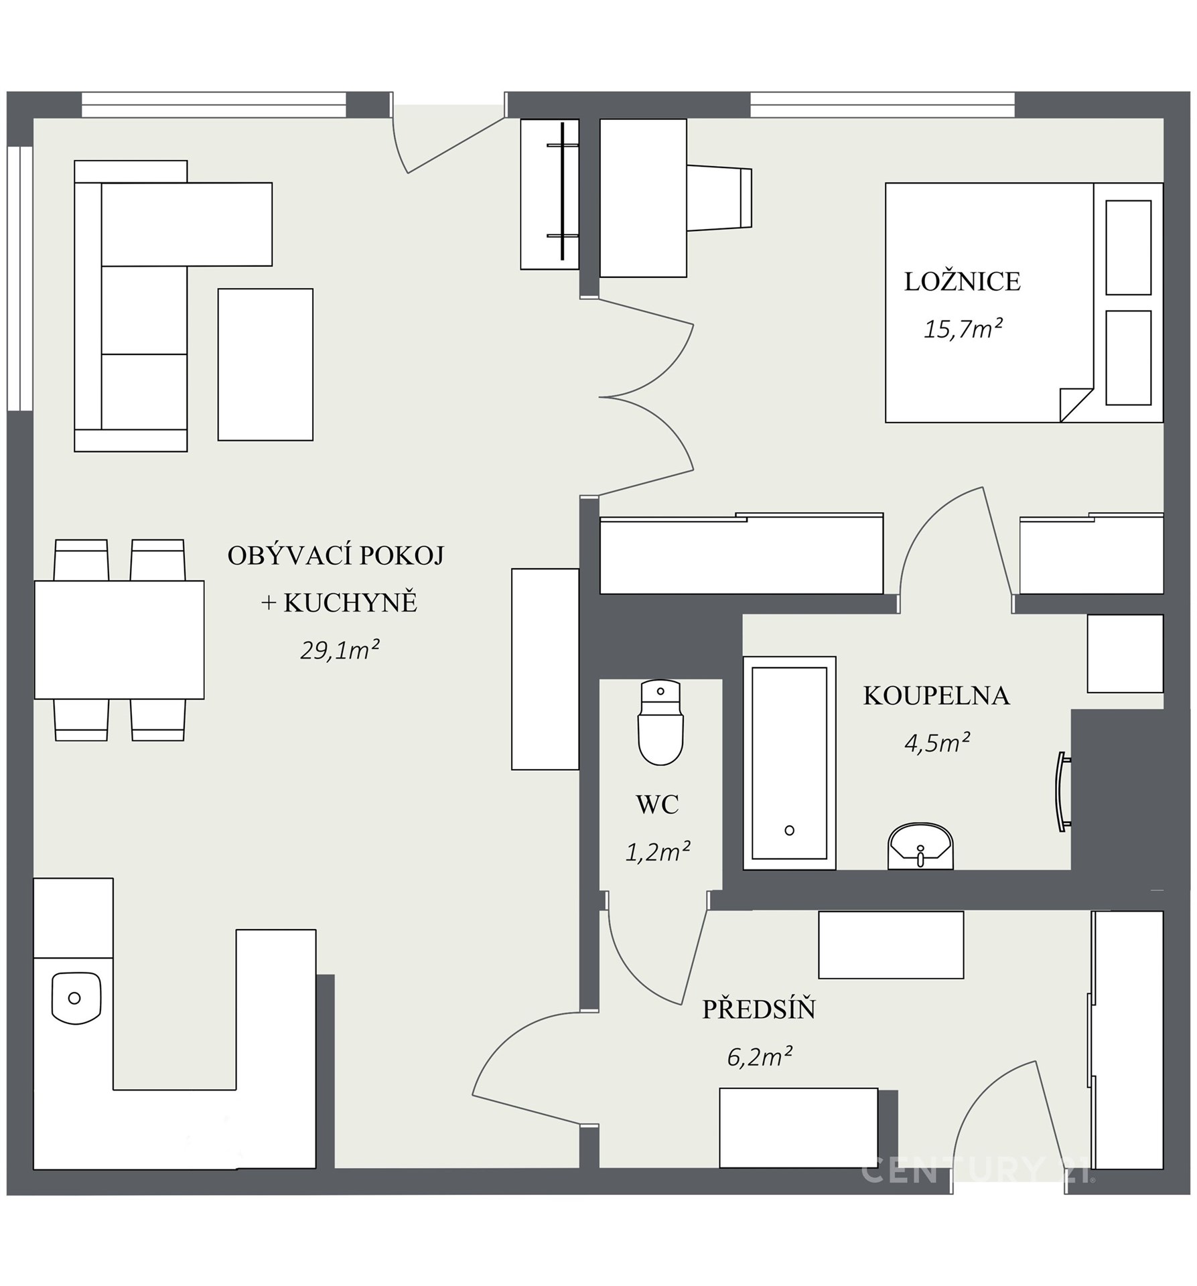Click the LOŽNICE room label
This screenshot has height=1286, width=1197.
coord(963,282)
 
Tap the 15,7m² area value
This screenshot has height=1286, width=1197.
coord(963,329)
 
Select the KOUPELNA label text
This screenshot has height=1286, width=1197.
coord(936,696)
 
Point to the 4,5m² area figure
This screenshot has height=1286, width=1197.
coord(937,743)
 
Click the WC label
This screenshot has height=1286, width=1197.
coord(657,804)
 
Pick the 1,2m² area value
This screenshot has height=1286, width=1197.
coord(657,851)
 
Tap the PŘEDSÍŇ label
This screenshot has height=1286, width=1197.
coord(759,1009)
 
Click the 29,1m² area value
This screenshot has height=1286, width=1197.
coord(340,650)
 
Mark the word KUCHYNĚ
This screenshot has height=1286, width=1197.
coord(350,602)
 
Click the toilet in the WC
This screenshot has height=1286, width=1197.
coord(660,723)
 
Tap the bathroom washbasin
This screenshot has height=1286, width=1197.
coord(920,847)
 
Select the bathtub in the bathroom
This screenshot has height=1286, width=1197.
coord(789,763)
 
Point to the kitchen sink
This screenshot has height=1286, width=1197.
coord(76,998)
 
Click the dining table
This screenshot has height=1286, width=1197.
coord(119,640)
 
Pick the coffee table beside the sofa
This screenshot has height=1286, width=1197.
coord(265,364)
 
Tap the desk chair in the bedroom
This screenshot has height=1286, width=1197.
coord(719,198)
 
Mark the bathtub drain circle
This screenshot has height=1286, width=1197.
coord(789,831)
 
